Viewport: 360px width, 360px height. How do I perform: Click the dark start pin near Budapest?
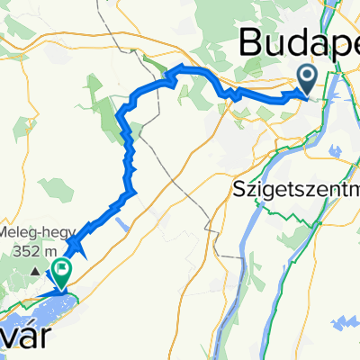[x=307, y=80]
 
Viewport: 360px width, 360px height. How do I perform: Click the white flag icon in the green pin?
[x=61, y=266]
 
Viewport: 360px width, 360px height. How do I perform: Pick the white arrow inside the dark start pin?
[x=307, y=76]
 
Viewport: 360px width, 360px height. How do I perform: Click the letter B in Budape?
[x=252, y=43]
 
